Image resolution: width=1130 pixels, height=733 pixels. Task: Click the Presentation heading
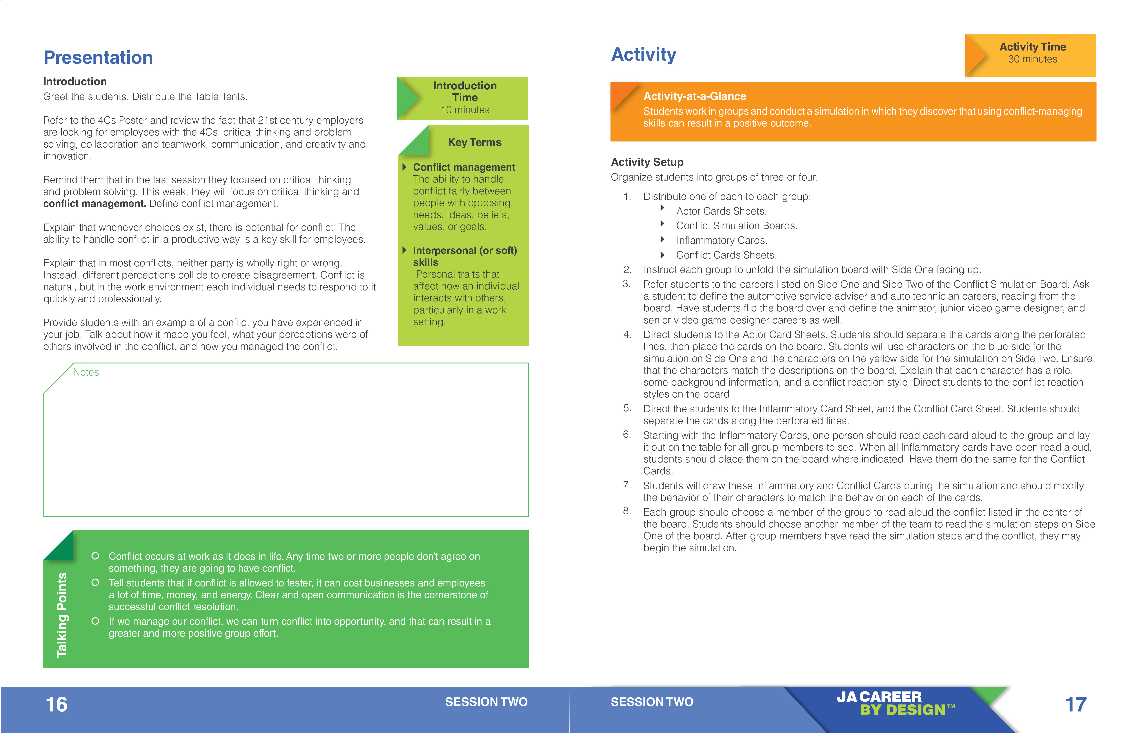coord(98,57)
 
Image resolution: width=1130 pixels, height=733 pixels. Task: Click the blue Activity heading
coord(643,54)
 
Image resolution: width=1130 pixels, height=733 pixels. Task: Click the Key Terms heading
coord(474,142)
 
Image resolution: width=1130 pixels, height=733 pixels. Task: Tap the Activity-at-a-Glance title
coord(695,96)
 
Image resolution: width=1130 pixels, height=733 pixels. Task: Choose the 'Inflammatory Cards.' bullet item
coord(721,240)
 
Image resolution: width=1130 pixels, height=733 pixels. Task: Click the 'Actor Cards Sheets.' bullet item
coord(721,211)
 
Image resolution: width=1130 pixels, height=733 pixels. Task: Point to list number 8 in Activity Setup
coord(627,511)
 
